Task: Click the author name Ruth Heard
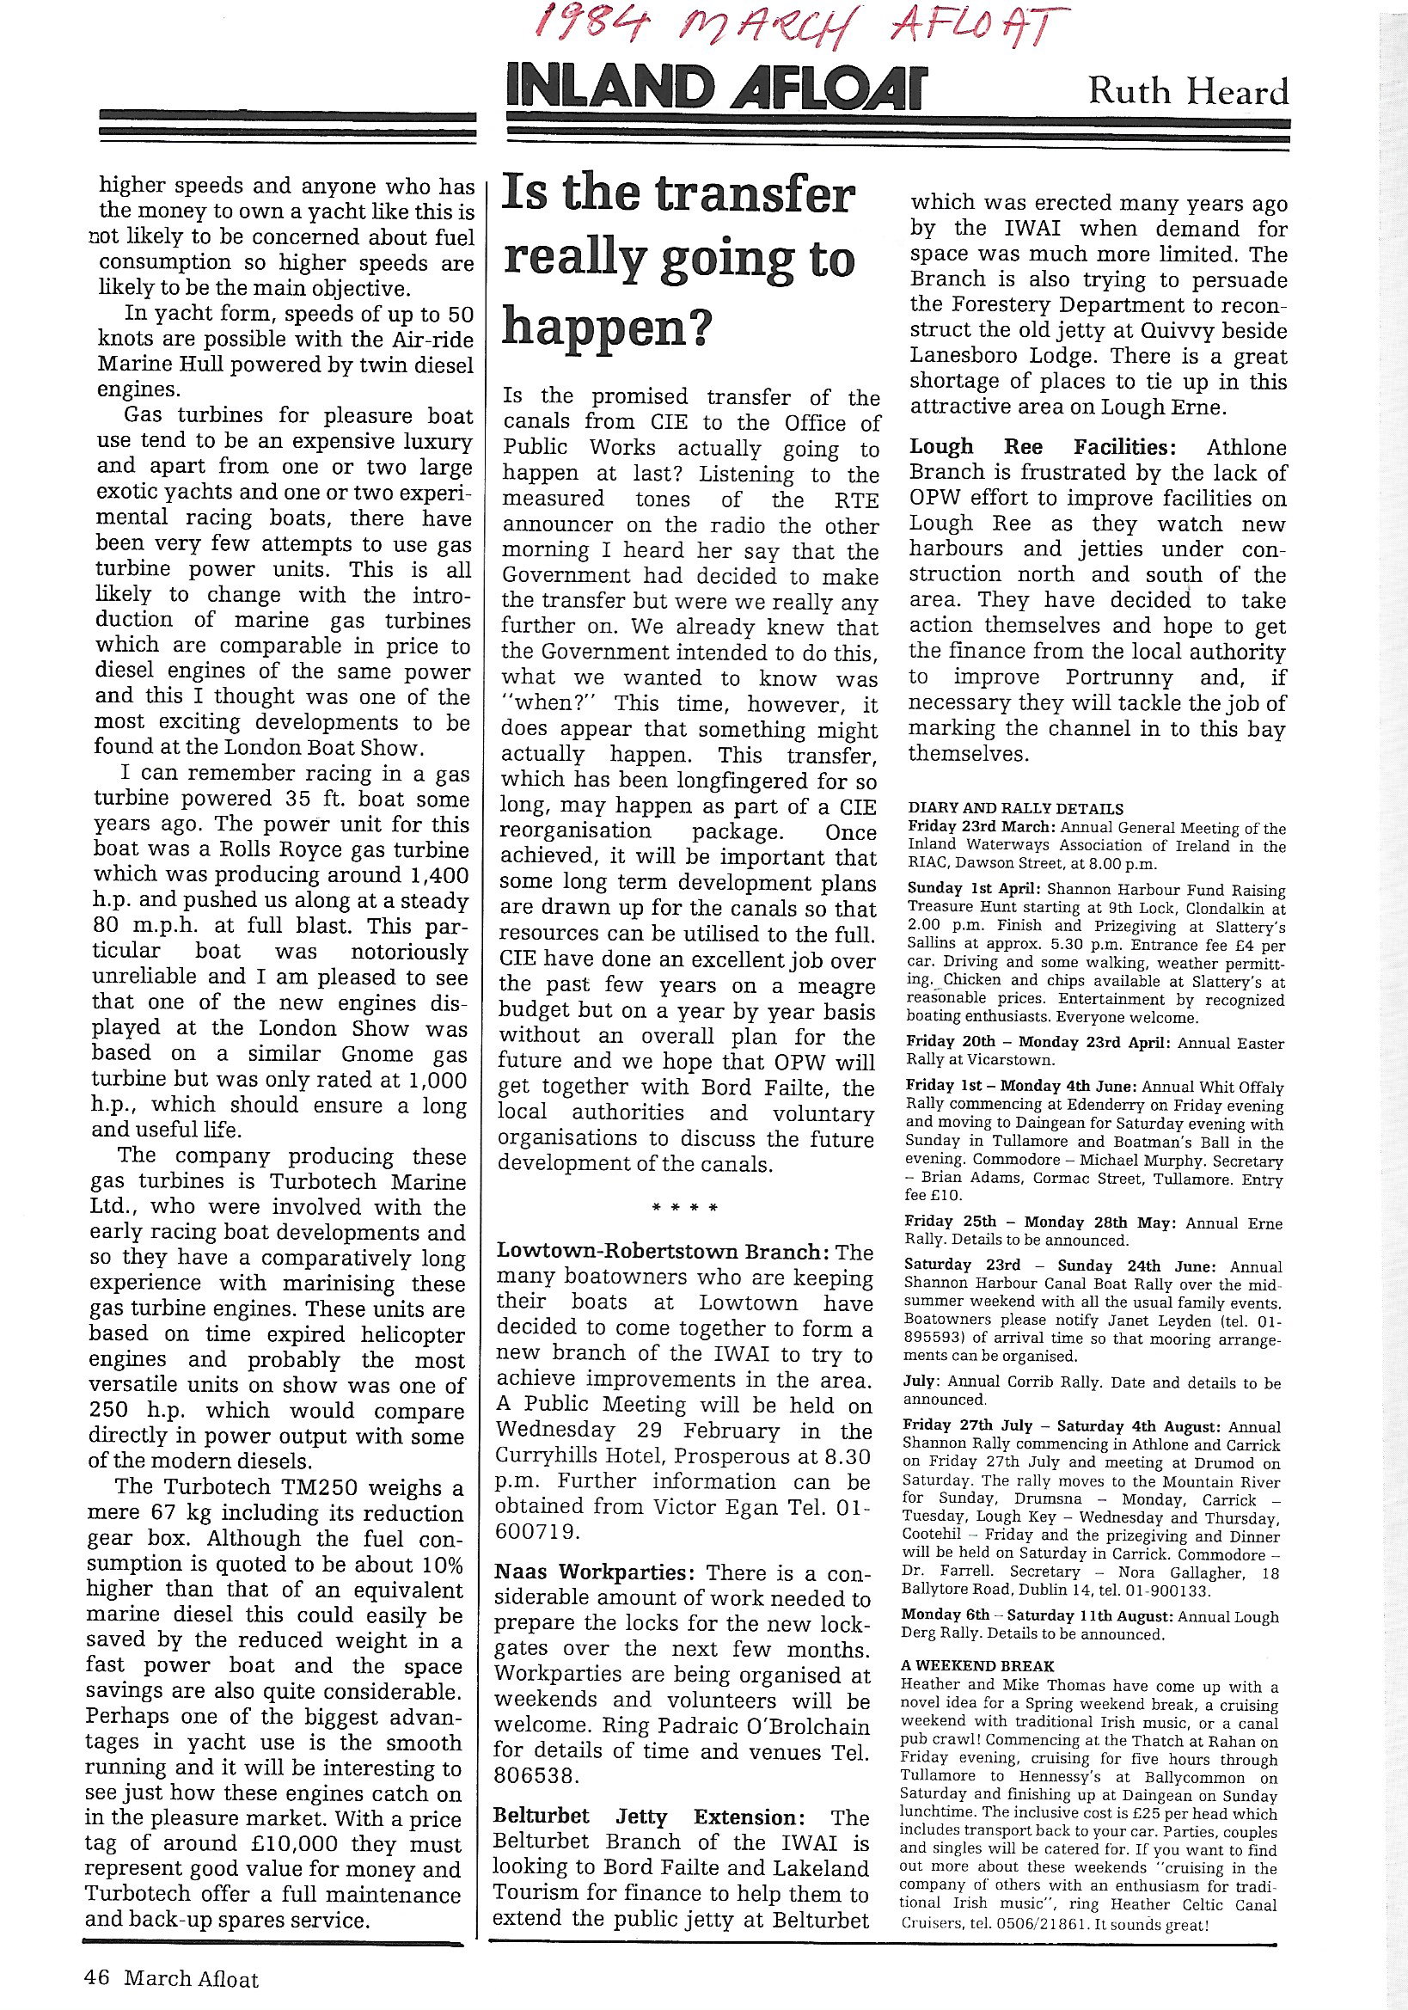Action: (x=1187, y=92)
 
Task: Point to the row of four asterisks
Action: (x=685, y=1209)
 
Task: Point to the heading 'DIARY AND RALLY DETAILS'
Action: (x=1016, y=809)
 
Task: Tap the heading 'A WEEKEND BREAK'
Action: (x=978, y=1666)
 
